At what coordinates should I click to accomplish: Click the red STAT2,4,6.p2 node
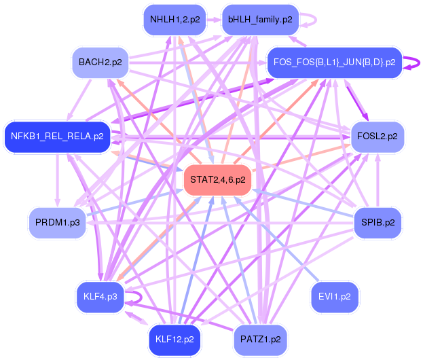[217, 180]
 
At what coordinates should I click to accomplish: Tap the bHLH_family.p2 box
[259, 20]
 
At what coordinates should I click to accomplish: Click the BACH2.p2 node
[100, 62]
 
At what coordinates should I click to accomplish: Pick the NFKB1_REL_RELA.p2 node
[56, 137]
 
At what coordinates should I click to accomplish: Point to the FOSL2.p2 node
[377, 137]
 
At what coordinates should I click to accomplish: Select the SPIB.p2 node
[377, 222]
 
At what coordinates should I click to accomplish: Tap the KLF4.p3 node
[100, 297]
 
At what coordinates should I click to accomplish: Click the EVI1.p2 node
[334, 297]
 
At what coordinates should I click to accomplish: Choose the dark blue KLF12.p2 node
[174, 338]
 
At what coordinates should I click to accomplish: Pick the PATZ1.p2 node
[260, 338]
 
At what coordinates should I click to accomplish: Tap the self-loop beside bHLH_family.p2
[310, 20]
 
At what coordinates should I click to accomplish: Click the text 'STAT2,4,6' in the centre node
[210, 180]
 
